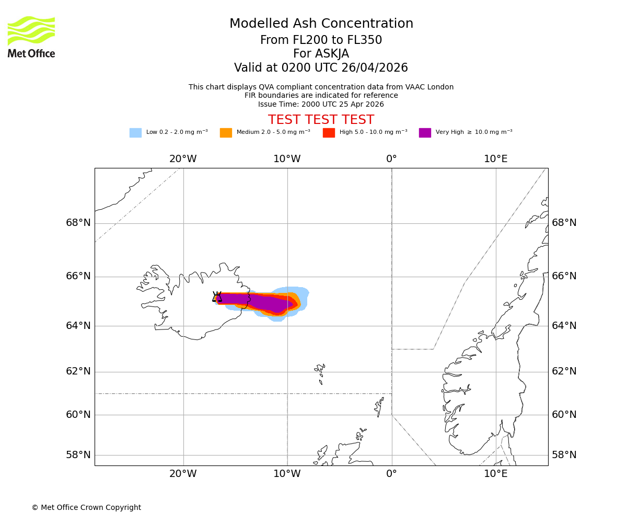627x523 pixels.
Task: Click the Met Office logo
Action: [x=31, y=37]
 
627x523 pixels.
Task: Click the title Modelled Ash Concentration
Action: [x=321, y=24]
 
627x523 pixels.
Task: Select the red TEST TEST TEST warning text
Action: [x=321, y=120]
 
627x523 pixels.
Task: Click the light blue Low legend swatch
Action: [x=135, y=133]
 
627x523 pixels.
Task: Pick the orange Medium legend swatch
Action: [x=226, y=133]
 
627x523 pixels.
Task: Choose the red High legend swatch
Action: [x=329, y=133]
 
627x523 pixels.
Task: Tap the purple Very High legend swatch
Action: [x=425, y=133]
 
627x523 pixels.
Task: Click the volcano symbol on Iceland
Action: [x=217, y=297]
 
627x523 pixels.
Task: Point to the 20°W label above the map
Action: [x=183, y=159]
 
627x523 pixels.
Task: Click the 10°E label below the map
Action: [x=495, y=474]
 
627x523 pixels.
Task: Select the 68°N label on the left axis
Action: [x=78, y=223]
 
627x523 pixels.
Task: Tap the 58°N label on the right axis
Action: [x=564, y=455]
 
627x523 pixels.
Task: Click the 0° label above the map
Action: [x=391, y=159]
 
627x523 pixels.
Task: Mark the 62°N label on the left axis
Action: [x=78, y=371]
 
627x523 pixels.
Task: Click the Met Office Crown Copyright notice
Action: [x=86, y=507]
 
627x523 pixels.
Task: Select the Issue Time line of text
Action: [x=321, y=104]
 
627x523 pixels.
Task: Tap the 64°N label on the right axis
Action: [x=564, y=326]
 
